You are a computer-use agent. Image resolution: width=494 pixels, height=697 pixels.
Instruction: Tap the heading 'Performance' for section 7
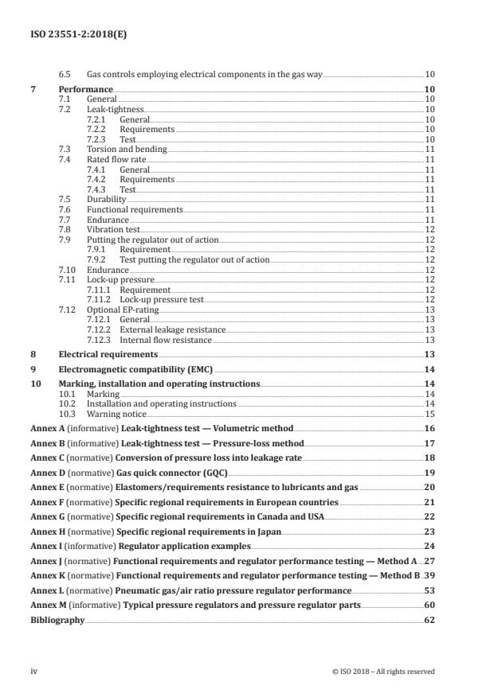(86, 90)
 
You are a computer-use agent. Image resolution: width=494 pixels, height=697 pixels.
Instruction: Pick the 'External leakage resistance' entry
(172, 329)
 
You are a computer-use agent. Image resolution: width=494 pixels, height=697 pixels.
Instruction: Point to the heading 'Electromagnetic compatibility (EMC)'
(135, 369)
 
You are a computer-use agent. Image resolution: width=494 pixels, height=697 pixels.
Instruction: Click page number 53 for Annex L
(429, 591)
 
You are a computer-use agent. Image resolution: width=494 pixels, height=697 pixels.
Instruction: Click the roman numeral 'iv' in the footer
(34, 672)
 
